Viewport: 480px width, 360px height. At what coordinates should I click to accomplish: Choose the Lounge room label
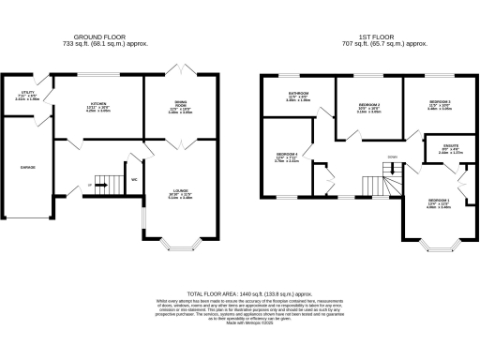tap(179, 195)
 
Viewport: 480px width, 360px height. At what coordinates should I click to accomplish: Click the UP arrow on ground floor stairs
tap(90, 186)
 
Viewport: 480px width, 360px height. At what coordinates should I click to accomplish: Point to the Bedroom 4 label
tap(287, 157)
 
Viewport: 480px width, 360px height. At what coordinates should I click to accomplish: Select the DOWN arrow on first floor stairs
tap(391, 157)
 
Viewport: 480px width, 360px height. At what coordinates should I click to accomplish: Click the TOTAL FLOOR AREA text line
tap(239, 292)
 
